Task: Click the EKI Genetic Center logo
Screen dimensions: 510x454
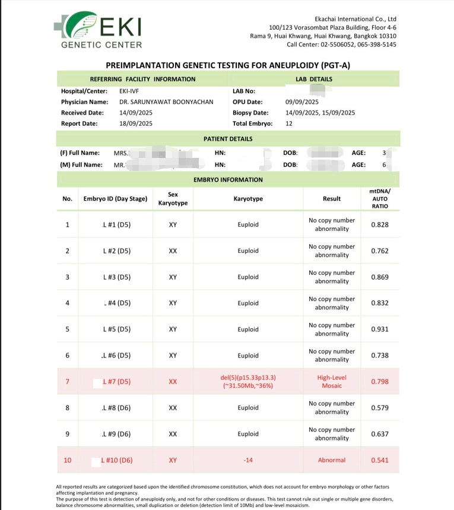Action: tap(101, 30)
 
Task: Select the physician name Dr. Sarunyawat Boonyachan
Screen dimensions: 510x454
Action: tap(166, 102)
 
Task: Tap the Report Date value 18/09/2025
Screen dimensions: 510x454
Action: tap(136, 123)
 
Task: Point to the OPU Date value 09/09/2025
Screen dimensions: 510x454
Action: tap(302, 102)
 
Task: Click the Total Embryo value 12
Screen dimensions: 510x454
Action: tap(289, 123)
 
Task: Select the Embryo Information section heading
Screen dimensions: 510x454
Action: tap(228, 179)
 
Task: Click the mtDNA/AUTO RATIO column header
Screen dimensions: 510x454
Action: tap(380, 198)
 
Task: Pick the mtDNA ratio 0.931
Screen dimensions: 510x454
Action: tap(380, 329)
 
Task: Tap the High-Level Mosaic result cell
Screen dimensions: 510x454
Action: tap(332, 381)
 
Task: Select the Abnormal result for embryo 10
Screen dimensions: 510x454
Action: tap(332, 460)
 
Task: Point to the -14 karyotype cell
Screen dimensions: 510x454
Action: tap(247, 460)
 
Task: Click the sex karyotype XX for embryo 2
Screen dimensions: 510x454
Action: tap(173, 251)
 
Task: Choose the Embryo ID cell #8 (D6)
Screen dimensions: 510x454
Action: tap(116, 408)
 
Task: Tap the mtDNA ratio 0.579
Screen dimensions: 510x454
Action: tap(380, 408)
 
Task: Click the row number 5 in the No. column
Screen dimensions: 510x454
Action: tap(67, 329)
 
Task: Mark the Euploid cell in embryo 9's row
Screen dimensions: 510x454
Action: tap(247, 434)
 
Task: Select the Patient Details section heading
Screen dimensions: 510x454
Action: tap(228, 139)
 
